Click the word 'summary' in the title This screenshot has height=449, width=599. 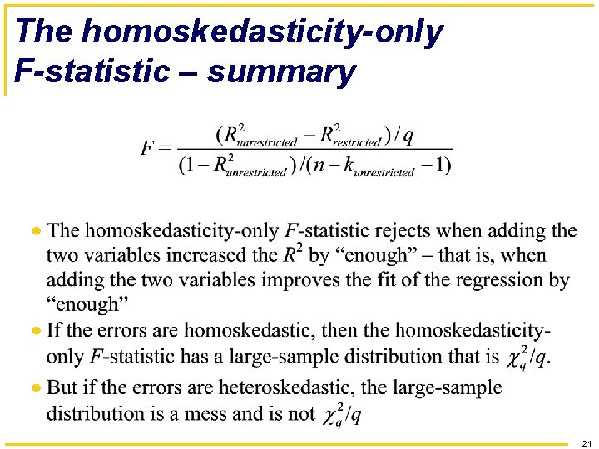click(281, 72)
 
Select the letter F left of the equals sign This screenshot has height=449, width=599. click(148, 148)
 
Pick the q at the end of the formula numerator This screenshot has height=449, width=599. click(408, 136)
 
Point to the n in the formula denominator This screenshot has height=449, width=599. click(317, 165)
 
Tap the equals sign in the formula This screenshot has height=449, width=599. click(165, 149)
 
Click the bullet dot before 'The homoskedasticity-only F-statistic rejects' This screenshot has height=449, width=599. click(36, 229)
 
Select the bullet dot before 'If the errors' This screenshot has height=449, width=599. click(36, 331)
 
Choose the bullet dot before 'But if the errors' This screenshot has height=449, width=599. click(36, 387)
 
